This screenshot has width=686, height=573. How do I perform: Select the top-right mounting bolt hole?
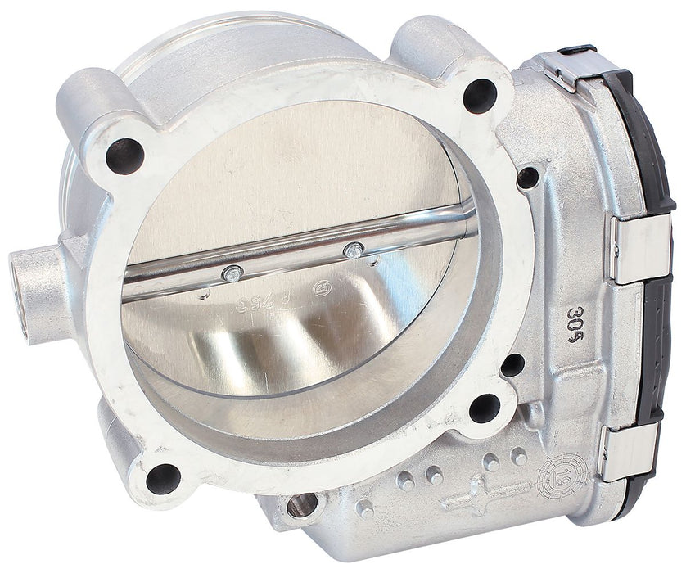(x=480, y=97)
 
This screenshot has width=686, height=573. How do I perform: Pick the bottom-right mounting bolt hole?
(x=485, y=407)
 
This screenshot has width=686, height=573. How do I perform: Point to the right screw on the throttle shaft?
(x=352, y=249)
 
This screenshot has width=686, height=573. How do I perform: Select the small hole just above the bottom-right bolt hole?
(x=512, y=364)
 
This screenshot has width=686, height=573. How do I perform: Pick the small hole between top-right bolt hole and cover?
(x=528, y=177)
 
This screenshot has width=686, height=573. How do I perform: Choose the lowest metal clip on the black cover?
(x=625, y=452)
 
